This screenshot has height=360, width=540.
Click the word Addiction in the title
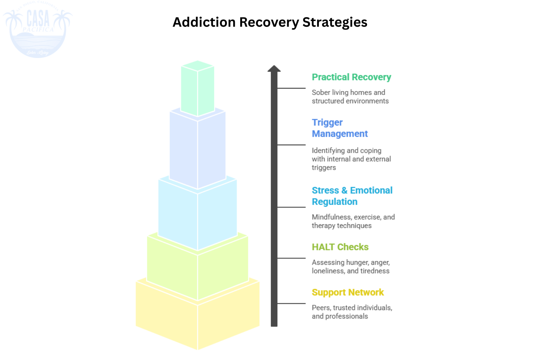click(204, 22)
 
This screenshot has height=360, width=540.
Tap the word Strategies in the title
click(335, 22)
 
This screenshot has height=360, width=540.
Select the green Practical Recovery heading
click(351, 77)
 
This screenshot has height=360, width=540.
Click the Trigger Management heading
click(339, 128)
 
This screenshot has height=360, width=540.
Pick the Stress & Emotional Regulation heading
click(352, 196)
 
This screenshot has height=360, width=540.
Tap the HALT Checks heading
click(340, 247)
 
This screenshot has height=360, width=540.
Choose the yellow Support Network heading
click(348, 292)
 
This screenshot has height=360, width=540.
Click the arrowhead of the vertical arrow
click(274, 69)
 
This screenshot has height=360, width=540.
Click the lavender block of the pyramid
click(198, 151)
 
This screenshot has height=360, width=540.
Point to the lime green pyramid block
click(198, 271)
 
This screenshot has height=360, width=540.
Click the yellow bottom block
click(198, 320)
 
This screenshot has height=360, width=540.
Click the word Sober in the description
click(321, 92)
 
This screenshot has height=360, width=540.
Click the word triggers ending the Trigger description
click(324, 168)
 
